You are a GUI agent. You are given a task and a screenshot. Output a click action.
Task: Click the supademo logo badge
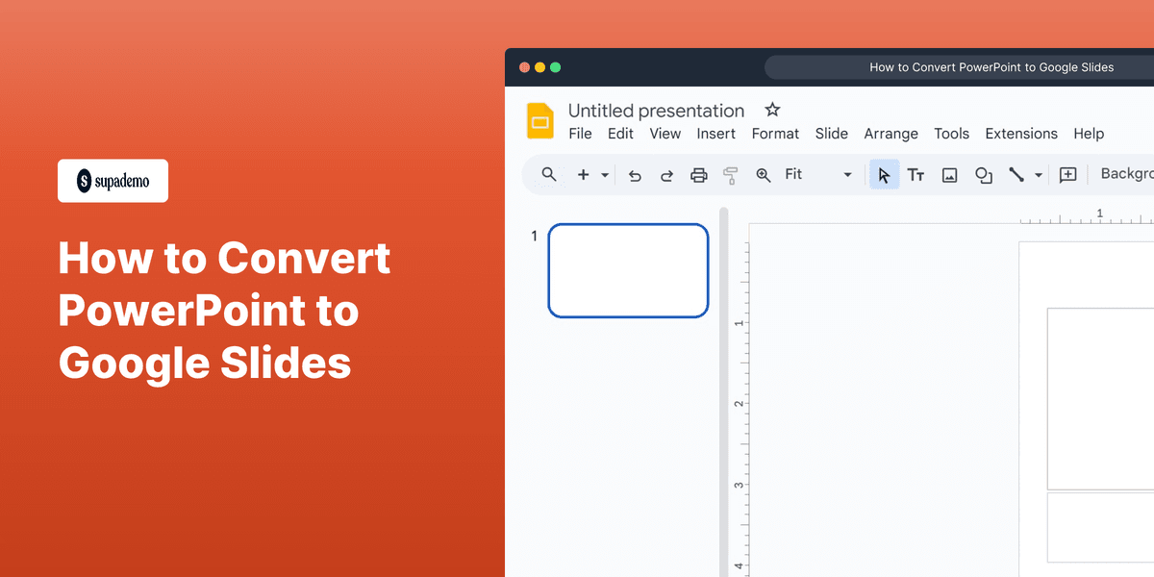click(113, 181)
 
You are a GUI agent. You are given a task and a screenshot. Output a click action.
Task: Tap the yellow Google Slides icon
click(540, 121)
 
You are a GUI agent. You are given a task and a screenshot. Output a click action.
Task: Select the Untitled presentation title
click(656, 111)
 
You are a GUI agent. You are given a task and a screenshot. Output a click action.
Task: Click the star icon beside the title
click(772, 110)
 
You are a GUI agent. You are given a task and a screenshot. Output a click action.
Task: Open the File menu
click(580, 134)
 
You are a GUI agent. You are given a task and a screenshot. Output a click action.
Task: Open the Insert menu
click(715, 134)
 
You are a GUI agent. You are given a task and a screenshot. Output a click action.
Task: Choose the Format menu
click(775, 134)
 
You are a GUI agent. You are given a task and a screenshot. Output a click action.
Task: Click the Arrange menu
click(891, 134)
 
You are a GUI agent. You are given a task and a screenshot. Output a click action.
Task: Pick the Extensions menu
click(1021, 134)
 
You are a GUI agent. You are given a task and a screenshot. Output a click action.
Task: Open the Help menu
click(1089, 134)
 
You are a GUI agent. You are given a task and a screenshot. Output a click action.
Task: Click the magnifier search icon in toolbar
click(549, 174)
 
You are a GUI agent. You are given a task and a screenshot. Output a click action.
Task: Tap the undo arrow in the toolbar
click(635, 175)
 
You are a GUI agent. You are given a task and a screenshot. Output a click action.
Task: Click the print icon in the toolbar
click(699, 175)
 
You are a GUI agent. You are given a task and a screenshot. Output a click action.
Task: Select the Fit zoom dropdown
click(817, 174)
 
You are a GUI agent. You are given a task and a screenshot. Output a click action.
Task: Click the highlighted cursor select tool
click(884, 175)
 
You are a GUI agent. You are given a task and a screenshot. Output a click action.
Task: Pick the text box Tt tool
click(916, 175)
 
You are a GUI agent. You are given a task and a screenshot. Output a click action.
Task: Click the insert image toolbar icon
click(949, 175)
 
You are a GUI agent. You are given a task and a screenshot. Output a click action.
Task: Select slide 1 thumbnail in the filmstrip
click(628, 270)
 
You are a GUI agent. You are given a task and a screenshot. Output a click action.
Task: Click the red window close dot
click(525, 67)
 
